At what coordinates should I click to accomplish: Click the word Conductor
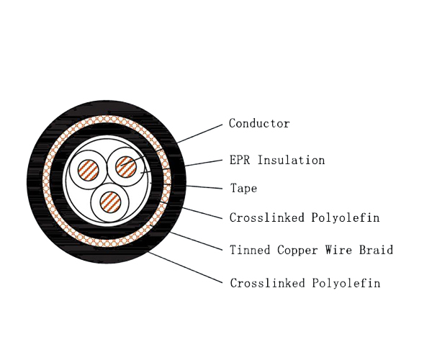tap(259, 124)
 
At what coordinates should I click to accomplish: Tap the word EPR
tap(240, 161)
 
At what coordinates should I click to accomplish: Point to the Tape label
tap(243, 189)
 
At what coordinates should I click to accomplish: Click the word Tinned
tap(249, 251)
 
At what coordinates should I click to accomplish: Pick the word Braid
tap(377, 251)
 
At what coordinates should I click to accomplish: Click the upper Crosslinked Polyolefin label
tap(304, 217)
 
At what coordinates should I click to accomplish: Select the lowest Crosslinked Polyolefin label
tap(304, 284)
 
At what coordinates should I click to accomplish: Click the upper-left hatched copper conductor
tap(90, 171)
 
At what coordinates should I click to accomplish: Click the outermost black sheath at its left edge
tap(32, 180)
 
